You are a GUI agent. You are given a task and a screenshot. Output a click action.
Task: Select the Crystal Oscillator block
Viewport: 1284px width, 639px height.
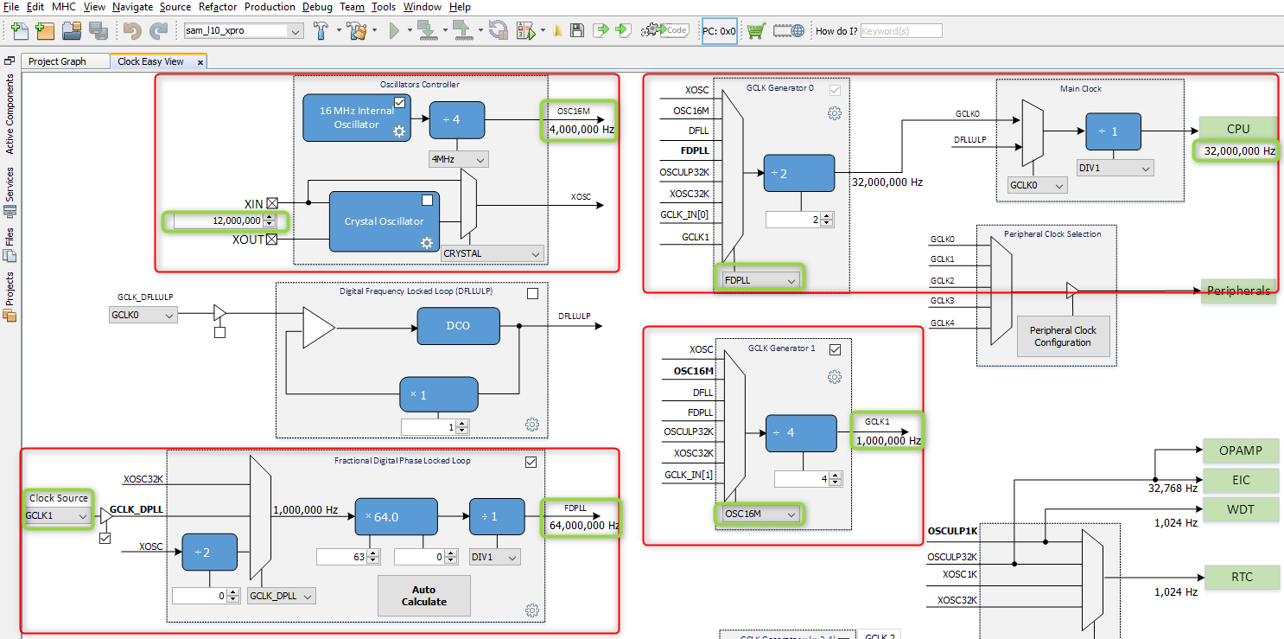[x=384, y=221]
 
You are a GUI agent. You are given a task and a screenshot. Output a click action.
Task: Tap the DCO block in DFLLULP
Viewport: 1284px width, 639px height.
[x=457, y=326]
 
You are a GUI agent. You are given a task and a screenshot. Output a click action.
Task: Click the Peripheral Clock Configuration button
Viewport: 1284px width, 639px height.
[x=1062, y=336]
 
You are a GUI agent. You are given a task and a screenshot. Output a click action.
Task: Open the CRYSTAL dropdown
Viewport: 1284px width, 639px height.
[x=492, y=253]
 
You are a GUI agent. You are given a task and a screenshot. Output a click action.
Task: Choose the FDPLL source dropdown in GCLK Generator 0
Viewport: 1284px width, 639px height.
[x=760, y=280]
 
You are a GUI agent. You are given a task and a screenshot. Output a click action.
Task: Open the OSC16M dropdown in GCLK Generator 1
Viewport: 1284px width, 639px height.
[x=760, y=514]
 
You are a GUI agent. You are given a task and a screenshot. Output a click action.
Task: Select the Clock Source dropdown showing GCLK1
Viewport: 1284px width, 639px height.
[x=58, y=515]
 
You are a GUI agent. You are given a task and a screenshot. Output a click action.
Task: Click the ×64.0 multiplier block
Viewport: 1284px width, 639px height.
[x=396, y=516]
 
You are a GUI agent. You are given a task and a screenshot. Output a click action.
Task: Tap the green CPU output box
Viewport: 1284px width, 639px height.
[x=1237, y=129]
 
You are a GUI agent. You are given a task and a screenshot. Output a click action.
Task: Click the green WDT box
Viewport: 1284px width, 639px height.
[x=1240, y=509]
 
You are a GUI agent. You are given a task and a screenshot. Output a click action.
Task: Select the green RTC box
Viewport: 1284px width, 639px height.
[x=1240, y=577]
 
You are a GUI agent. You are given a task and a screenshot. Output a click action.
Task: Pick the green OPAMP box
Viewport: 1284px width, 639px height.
[x=1240, y=450]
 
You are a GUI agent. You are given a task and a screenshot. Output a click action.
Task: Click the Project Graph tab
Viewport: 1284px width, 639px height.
[x=57, y=61]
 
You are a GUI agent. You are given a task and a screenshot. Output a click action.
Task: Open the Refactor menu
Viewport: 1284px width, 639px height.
[x=217, y=7]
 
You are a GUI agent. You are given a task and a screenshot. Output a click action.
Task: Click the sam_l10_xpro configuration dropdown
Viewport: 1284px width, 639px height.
[x=243, y=30]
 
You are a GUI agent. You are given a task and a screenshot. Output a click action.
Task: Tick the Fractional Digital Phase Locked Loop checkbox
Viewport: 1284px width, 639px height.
[x=531, y=462]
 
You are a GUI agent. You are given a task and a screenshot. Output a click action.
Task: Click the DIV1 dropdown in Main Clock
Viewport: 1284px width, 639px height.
[x=1115, y=168]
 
